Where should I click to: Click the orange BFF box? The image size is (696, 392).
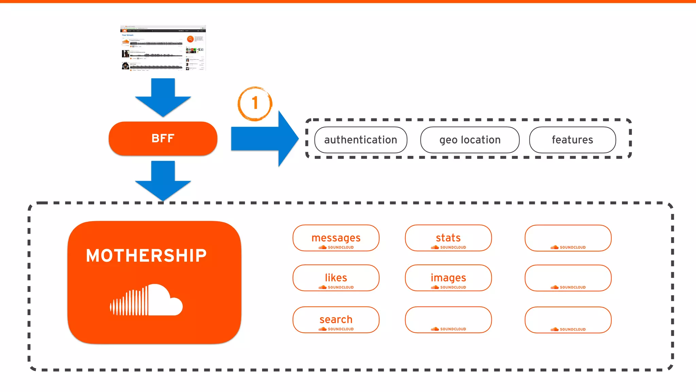163,138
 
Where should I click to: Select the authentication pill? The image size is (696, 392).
361,140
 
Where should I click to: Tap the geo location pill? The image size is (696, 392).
470,140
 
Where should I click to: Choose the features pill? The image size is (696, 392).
572,140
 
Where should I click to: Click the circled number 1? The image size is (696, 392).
255,103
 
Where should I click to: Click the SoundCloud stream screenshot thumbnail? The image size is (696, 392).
163,48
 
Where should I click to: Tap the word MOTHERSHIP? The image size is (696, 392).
146,256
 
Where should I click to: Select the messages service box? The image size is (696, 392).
336,238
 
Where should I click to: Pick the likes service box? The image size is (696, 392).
336,278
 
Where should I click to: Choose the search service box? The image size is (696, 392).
336,320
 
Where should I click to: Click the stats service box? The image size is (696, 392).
448,238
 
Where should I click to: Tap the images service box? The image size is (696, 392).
448,278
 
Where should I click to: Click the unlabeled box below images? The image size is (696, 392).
448,320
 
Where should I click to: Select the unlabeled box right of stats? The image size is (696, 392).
568,238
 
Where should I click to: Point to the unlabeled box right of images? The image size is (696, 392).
568,278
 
